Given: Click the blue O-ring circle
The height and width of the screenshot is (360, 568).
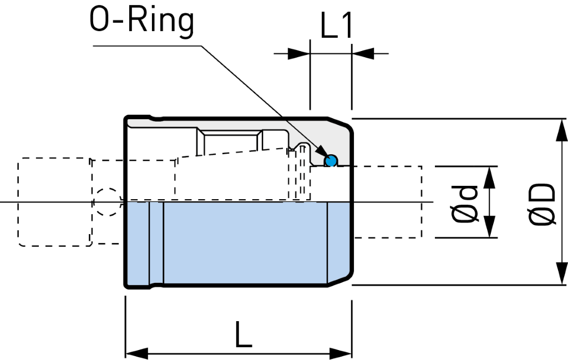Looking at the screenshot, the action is (331, 160).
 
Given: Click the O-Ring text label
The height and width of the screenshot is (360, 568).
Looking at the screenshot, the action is (141, 22).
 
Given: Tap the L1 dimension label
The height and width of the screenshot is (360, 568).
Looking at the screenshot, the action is (336, 26).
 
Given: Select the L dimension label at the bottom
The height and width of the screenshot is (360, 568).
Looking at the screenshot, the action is (244, 334).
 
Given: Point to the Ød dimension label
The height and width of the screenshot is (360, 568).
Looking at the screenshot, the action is (465, 204).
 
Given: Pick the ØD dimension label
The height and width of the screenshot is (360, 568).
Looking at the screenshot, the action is (542, 205).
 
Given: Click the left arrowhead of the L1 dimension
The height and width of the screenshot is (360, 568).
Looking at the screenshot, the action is (299, 54).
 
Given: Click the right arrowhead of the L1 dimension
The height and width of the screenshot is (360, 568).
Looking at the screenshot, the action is (363, 54).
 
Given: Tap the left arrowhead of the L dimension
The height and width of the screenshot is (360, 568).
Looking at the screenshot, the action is (136, 353).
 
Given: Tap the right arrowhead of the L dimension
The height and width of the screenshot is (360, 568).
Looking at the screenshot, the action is (341, 353).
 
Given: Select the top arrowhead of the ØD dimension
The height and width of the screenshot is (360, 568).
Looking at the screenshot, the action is (562, 130).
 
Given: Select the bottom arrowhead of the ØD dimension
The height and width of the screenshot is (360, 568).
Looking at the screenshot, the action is (562, 273).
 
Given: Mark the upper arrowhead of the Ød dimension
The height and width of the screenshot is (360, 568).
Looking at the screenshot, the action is (489, 178).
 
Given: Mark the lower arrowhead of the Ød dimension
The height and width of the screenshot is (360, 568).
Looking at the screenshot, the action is (489, 227).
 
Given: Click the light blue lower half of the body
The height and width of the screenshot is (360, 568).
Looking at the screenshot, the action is (239, 244).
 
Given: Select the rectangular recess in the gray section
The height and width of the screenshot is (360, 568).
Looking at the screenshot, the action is (230, 141).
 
